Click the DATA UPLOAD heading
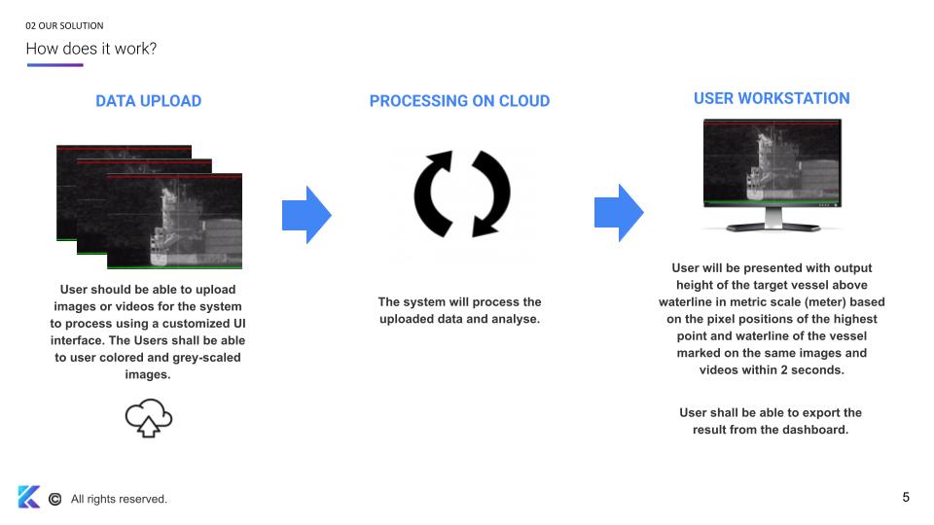click(148, 101)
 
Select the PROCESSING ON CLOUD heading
click(459, 101)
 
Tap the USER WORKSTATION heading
click(772, 98)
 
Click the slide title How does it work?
click(90, 49)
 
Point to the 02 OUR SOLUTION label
click(64, 25)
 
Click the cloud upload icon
click(148, 418)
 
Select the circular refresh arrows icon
click(461, 193)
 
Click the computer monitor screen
click(772, 163)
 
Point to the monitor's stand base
click(772, 227)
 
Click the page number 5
click(906, 498)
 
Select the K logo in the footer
click(28, 497)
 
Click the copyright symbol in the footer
click(54, 499)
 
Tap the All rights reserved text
click(119, 499)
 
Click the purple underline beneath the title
click(54, 65)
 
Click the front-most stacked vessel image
click(174, 222)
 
